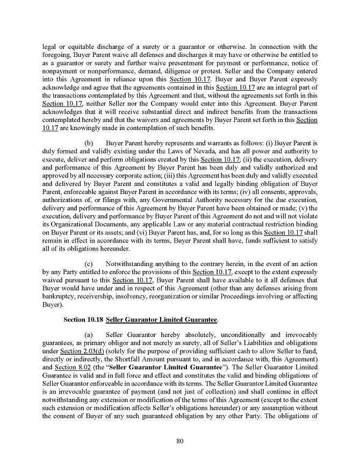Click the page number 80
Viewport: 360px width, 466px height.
(x=180, y=442)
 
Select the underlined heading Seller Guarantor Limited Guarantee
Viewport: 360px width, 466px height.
(x=162, y=320)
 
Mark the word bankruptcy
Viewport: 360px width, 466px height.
(x=60, y=296)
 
